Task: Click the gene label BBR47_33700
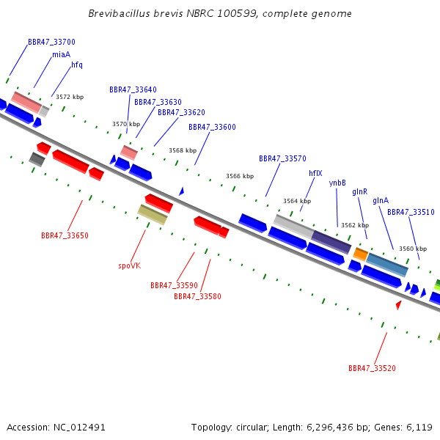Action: tap(51, 42)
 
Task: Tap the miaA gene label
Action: tap(61, 54)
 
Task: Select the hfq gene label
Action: tap(77, 65)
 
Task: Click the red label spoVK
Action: tap(129, 265)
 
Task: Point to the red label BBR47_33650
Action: tap(65, 235)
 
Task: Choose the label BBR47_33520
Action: tap(372, 368)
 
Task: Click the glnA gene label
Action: tap(381, 201)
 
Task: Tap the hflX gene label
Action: tap(315, 173)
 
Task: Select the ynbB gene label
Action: tap(337, 183)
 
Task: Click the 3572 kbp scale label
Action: tap(70, 97)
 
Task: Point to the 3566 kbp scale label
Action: tap(240, 176)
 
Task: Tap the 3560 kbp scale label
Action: tap(413, 249)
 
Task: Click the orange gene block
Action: tap(360, 254)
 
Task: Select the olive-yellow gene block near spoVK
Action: tap(153, 215)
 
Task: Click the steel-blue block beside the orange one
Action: tap(387, 265)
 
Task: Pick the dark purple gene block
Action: tap(331, 242)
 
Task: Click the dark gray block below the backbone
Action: tap(37, 159)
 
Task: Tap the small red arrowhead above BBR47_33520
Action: tap(398, 305)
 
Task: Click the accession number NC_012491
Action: tap(79, 428)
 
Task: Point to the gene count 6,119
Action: tap(419, 428)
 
